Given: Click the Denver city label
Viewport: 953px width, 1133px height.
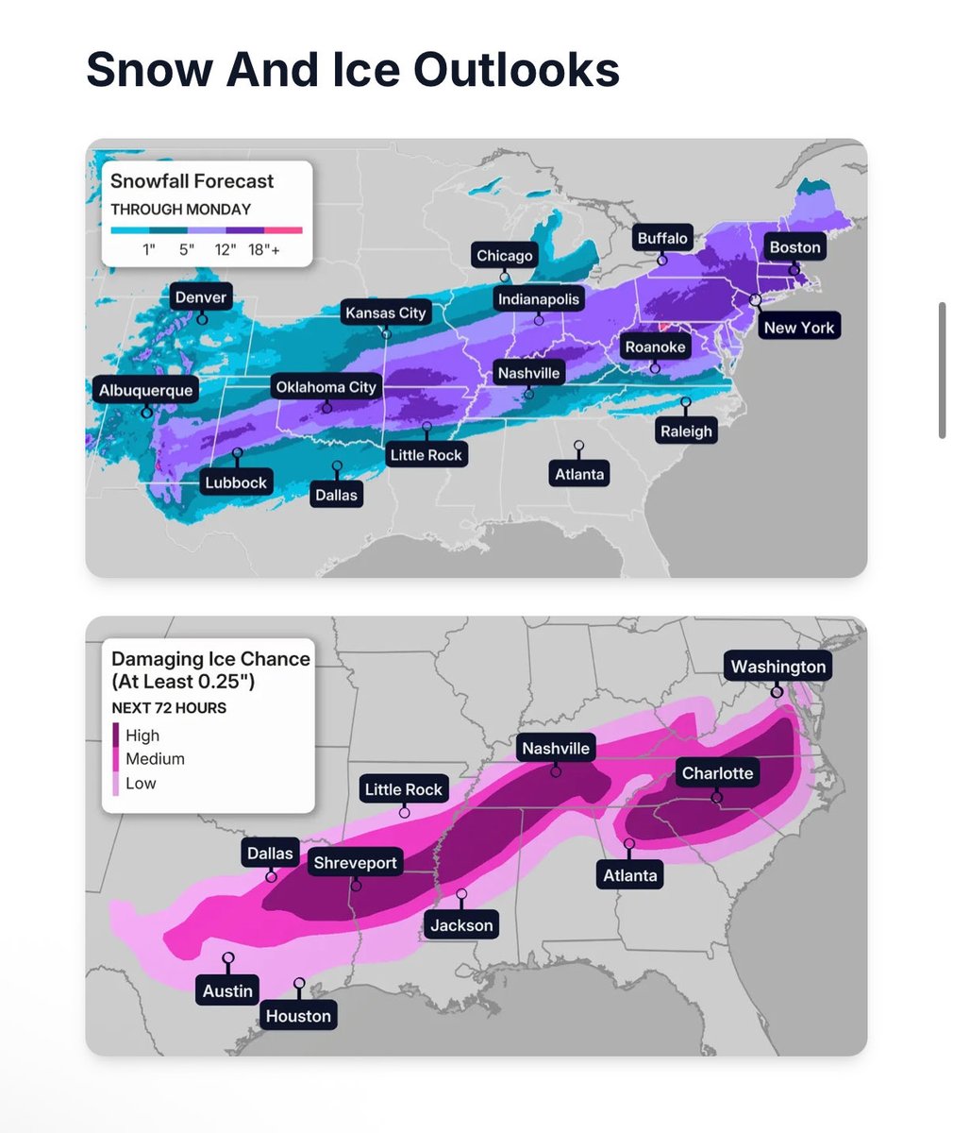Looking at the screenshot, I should point(201,297).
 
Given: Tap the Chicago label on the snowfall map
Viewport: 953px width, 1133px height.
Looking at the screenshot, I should point(505,256).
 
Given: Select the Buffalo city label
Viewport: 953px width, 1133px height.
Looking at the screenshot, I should point(662,238).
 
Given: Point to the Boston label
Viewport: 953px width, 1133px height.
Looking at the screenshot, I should point(795,247).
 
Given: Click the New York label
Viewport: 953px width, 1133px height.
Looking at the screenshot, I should point(798,328).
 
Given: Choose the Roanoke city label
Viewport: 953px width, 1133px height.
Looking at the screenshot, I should point(655,347).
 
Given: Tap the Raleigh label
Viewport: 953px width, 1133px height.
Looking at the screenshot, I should point(686,431).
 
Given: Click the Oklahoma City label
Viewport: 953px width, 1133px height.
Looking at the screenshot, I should point(326,387).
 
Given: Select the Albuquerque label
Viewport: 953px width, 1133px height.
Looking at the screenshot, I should point(146,390).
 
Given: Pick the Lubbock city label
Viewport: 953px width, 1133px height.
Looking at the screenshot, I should point(236,482).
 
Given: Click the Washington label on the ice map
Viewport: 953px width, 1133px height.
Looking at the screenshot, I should point(777,667).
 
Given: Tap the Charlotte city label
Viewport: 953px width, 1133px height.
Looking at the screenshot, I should point(717,773).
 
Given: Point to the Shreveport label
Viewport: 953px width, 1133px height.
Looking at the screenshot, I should point(356,863).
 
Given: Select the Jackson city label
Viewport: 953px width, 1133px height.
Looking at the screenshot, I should point(461,925).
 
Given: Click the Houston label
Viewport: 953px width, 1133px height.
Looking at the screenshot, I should point(298,1016).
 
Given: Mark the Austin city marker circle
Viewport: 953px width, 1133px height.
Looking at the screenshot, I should point(228,958).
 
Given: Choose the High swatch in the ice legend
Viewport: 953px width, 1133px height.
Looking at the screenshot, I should point(116,736).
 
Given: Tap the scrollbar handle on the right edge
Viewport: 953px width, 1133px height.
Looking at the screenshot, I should point(942,370).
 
